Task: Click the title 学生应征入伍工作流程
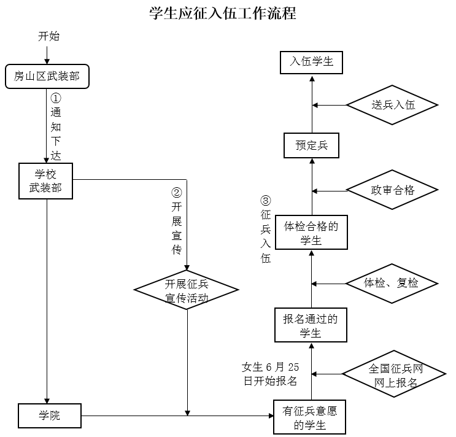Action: pos(223,13)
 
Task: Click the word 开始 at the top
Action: pos(49,36)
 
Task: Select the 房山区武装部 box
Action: pos(47,77)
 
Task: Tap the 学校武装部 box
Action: pos(46,180)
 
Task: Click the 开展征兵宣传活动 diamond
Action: pos(187,290)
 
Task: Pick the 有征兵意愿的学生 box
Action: pos(310,417)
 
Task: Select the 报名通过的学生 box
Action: pos(311,325)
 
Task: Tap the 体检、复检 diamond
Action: pos(392,283)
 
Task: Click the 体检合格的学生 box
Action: pos(311,233)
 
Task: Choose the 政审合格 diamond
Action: pos(392,190)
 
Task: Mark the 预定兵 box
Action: pos(311,145)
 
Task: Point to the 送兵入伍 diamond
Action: pos(392,105)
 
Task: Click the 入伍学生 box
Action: pos(311,62)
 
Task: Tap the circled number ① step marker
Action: pos(56,98)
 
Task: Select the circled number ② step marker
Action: pos(177,191)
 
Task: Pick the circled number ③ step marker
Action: pos(265,201)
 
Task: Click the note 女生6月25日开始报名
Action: pos(271,374)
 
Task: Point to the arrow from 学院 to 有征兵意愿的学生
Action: pos(178,416)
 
